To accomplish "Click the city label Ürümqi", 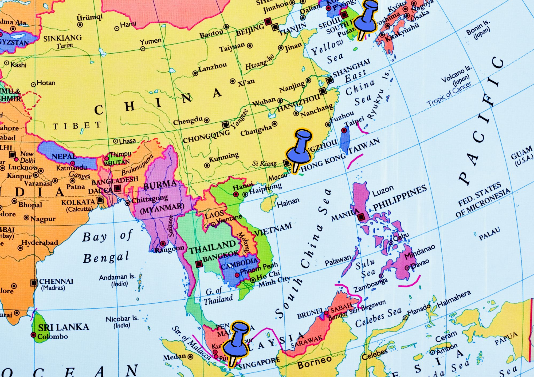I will coord(89,18).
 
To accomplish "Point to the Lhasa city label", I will coord(127,141).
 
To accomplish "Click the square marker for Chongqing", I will coord(226,125).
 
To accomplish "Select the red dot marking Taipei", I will coord(344,130).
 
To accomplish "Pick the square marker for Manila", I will coord(361,217).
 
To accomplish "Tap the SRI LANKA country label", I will coord(63,327).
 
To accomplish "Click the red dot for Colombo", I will coord(33,335).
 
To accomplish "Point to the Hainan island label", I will coord(288,203).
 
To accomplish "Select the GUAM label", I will coord(521,153).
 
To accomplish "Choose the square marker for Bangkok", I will coord(199,264).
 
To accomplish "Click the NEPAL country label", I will coord(64,156).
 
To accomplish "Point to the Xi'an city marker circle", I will coord(233,81).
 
